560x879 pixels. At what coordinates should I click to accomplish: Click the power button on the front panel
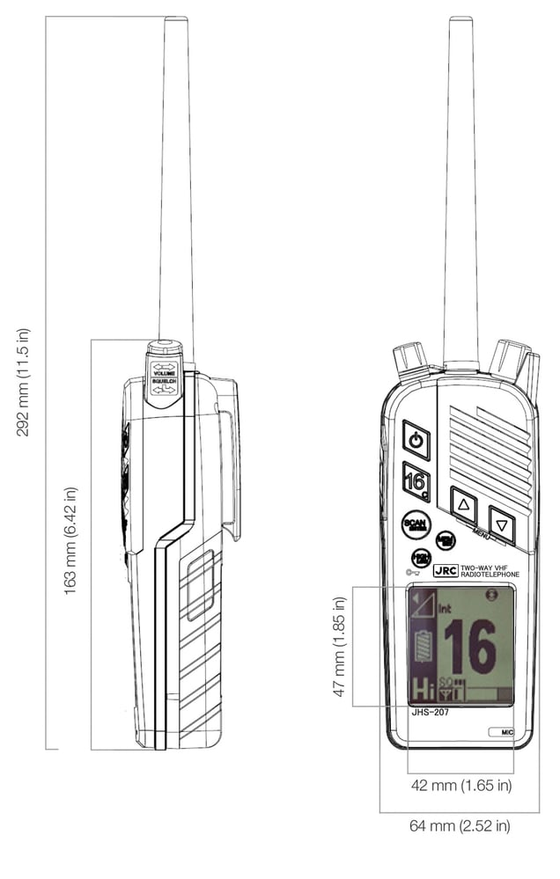coord(416,439)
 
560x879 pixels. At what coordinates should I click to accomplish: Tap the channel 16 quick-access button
coord(416,481)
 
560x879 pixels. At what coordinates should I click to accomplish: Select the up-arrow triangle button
coord(464,505)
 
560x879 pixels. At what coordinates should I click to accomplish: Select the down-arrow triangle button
coord(502,525)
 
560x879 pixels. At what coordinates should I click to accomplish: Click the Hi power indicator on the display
coord(424,689)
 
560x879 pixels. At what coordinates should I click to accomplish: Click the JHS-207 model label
coord(431,712)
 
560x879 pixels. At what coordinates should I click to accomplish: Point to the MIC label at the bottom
coord(506,731)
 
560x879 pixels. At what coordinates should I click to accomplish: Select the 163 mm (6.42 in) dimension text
coord(70,540)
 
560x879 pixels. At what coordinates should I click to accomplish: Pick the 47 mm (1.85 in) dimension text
coord(340,647)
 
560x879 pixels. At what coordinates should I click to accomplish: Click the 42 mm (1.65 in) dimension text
coord(461,785)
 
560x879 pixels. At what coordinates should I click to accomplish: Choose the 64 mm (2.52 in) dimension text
coord(460,826)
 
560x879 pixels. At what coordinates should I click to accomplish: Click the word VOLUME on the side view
coord(165,373)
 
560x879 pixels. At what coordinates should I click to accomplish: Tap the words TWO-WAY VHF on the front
coord(490,567)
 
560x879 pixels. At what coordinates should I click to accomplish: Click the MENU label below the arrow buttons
coord(481,534)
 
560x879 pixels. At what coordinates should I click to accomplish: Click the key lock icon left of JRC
coord(412,572)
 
